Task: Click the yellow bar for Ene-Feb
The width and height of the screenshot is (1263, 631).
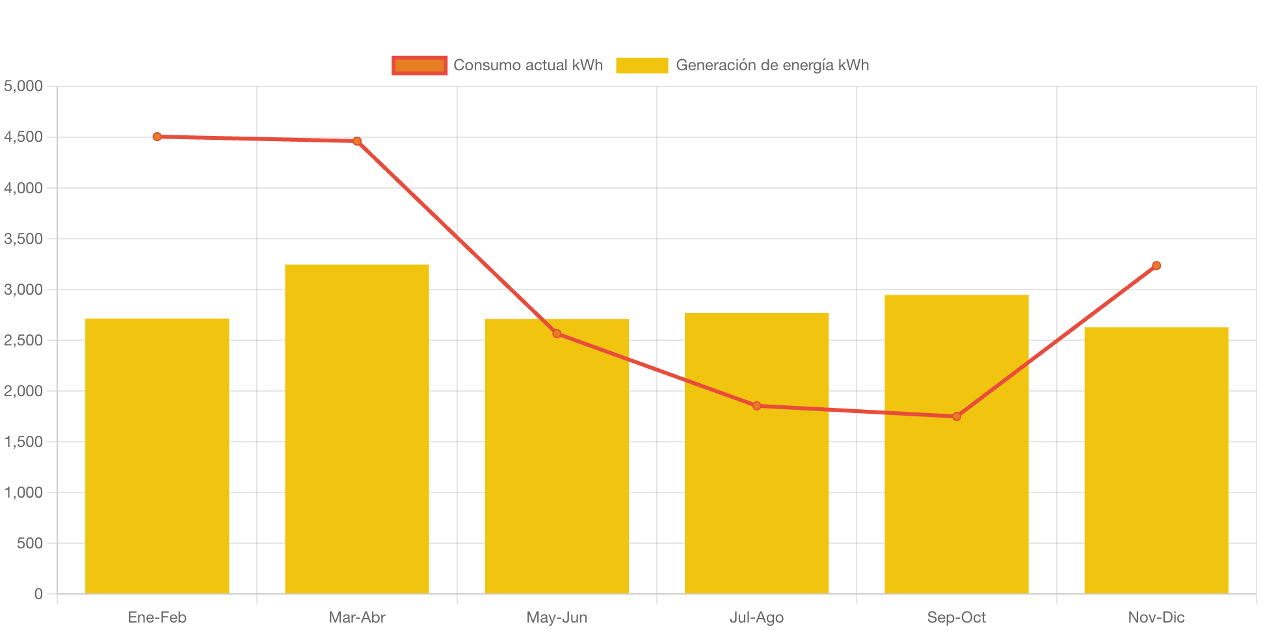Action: click(x=157, y=455)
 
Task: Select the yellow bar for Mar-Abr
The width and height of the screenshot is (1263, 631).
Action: click(x=356, y=429)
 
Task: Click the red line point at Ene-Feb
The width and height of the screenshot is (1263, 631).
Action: click(x=157, y=137)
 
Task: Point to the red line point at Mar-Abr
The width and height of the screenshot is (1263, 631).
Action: click(x=357, y=141)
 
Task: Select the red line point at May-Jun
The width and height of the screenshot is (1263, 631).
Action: click(x=557, y=334)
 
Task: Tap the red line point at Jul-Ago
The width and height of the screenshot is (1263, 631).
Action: click(x=756, y=406)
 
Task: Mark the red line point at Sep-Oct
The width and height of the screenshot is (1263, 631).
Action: click(x=957, y=416)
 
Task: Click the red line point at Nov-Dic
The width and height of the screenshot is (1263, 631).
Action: click(x=1156, y=265)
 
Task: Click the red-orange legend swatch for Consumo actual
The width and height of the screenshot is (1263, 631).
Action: click(x=419, y=65)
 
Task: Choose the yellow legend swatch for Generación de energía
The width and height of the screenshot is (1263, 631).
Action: click(x=642, y=65)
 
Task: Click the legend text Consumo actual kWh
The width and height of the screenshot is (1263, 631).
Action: click(x=528, y=65)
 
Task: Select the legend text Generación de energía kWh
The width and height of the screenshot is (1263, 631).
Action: click(x=772, y=65)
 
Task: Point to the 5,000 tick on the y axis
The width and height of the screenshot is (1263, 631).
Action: click(x=23, y=86)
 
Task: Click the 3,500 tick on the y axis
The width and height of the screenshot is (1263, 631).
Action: click(x=23, y=239)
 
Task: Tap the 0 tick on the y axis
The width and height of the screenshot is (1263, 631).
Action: click(x=38, y=594)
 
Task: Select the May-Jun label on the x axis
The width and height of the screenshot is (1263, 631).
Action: click(x=557, y=617)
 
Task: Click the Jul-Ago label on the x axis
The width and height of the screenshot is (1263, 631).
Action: click(x=756, y=617)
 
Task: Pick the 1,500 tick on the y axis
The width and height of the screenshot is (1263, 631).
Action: click(x=23, y=442)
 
